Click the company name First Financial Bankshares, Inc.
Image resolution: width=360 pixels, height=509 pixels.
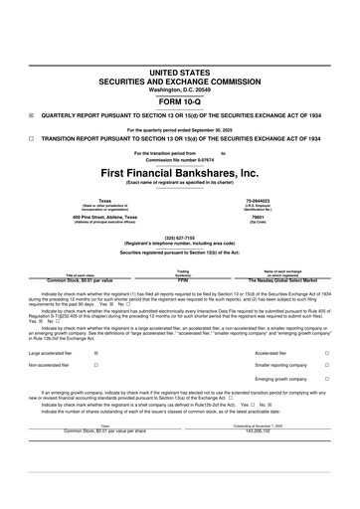[180, 173]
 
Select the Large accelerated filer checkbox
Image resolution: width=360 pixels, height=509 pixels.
[94, 353]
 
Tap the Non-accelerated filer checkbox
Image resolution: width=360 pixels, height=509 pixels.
[94, 366]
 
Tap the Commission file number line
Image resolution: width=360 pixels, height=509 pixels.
[180, 159]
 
